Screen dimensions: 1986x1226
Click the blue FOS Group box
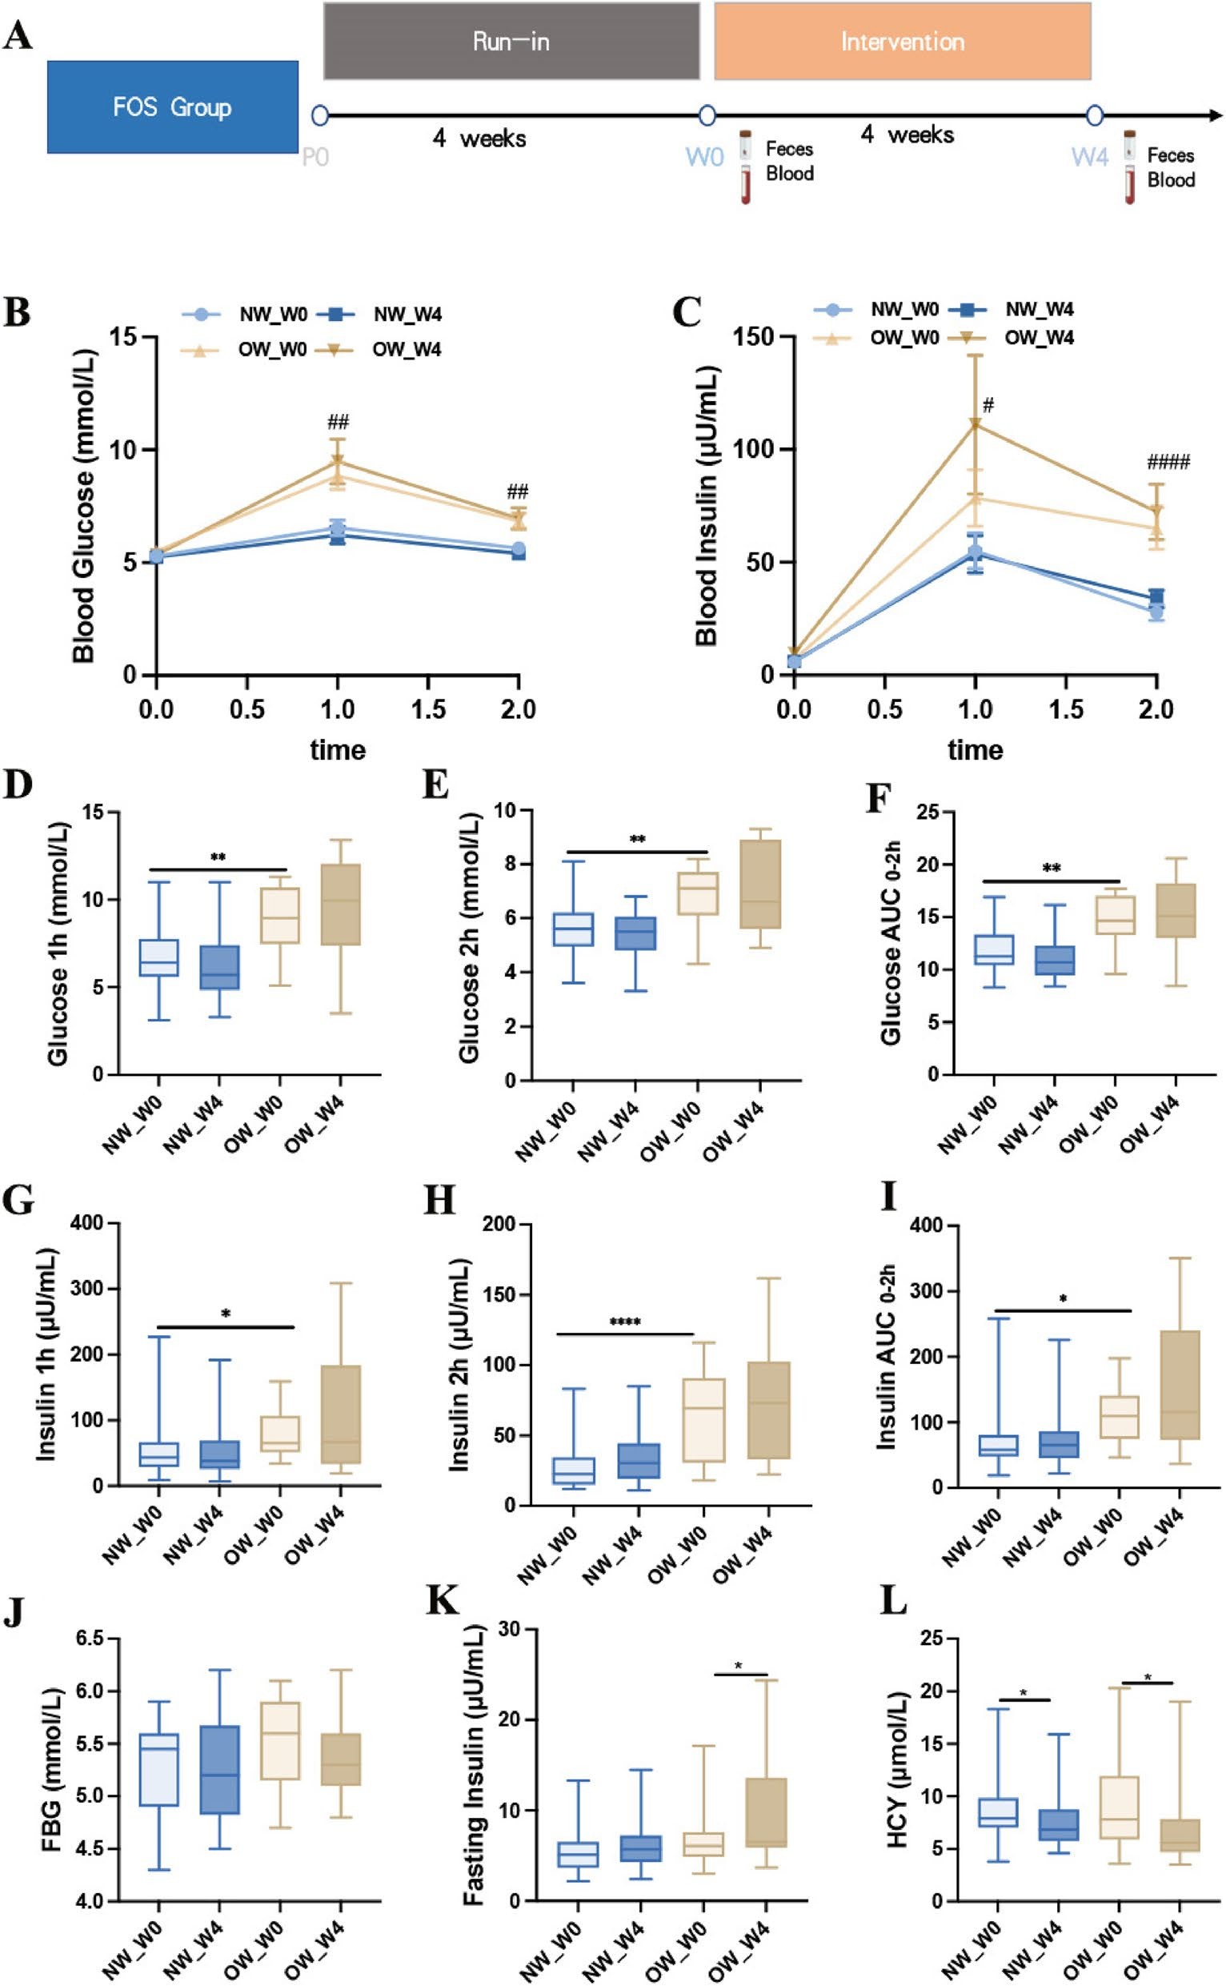[172, 107]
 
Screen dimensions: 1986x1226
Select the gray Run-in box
[511, 42]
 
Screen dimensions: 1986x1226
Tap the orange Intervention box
[902, 42]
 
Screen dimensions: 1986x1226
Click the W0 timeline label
[704, 157]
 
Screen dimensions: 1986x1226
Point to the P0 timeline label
[315, 157]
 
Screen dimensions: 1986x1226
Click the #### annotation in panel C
[1168, 463]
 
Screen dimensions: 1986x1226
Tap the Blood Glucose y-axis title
[83, 505]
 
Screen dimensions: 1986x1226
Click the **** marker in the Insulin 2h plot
[625, 1322]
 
